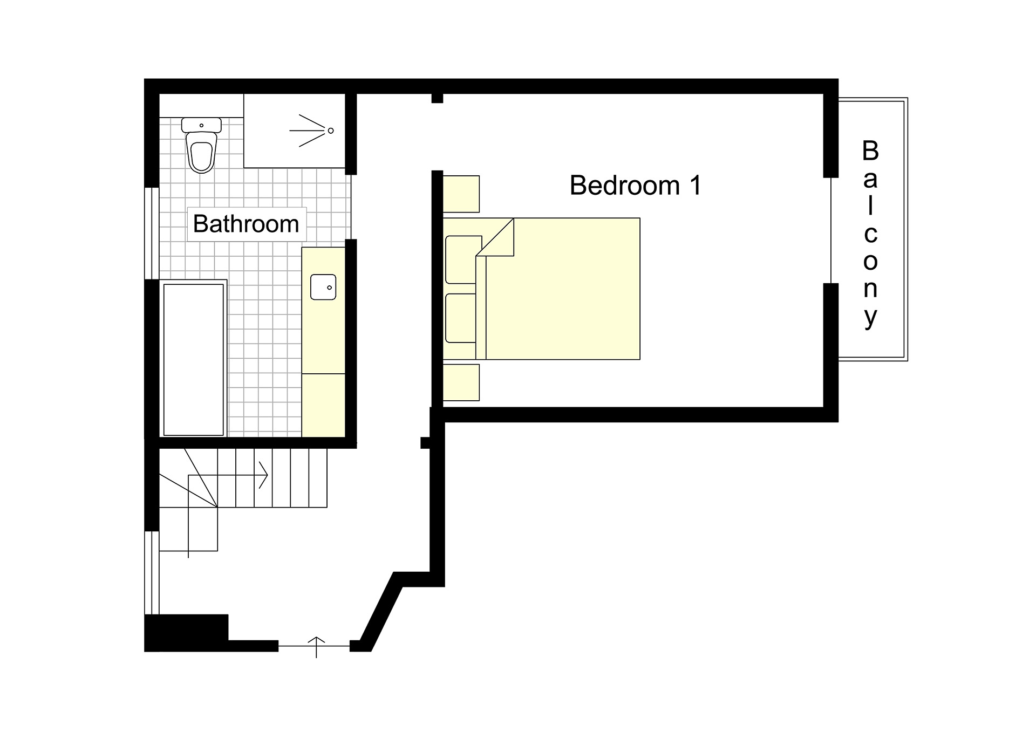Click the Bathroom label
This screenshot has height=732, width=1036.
pos(246,224)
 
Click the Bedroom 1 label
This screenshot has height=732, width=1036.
pos(635,186)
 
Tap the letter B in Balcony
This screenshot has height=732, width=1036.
pos(870,151)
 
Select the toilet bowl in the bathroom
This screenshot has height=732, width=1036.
pos(202,154)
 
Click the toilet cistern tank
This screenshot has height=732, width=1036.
pos(201,125)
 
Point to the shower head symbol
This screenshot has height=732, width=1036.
pos(330,131)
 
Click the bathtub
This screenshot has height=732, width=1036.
pos(193,359)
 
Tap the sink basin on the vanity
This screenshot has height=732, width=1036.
pos(323,287)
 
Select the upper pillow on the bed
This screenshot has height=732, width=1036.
pos(462,259)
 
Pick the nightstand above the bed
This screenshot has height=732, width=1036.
pos(461,194)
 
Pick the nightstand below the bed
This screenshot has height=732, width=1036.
pos(461,382)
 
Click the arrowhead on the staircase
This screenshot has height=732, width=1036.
pos(264,475)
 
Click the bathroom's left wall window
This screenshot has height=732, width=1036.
pos(152,233)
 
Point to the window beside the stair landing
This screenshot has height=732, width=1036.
pos(152,572)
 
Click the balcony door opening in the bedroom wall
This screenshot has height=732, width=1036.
pos(831,230)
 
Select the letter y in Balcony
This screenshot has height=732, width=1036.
pos(870,317)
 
